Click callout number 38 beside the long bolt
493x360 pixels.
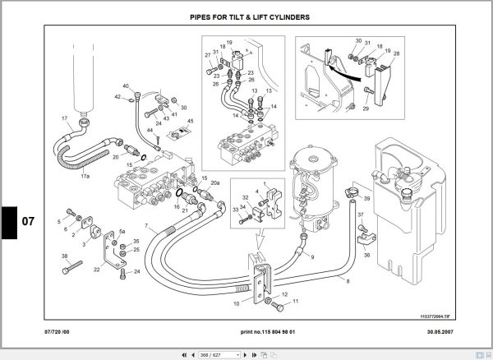pos(64,256)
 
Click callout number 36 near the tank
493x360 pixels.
pos(366,256)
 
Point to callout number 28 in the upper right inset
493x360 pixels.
pos(397,54)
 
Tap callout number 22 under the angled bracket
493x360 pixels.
pos(97,269)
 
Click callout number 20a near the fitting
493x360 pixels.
pos(215,183)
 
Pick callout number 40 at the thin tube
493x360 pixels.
pos(126,86)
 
